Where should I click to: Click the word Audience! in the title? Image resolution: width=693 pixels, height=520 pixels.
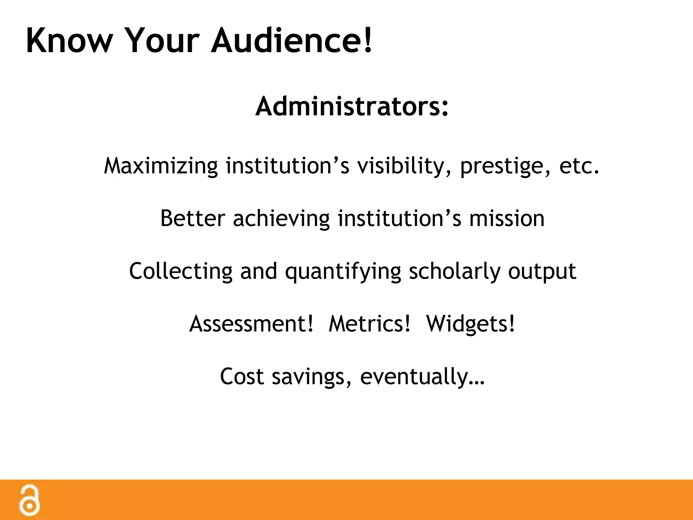click(292, 41)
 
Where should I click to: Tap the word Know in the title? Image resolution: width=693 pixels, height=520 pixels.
click(69, 41)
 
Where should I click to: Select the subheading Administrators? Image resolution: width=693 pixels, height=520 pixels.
click(352, 107)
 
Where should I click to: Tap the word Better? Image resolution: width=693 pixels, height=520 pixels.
click(193, 218)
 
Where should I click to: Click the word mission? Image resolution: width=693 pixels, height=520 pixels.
click(507, 218)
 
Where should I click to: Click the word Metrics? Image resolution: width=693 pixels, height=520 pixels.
click(370, 324)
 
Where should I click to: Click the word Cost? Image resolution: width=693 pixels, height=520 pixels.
click(242, 376)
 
